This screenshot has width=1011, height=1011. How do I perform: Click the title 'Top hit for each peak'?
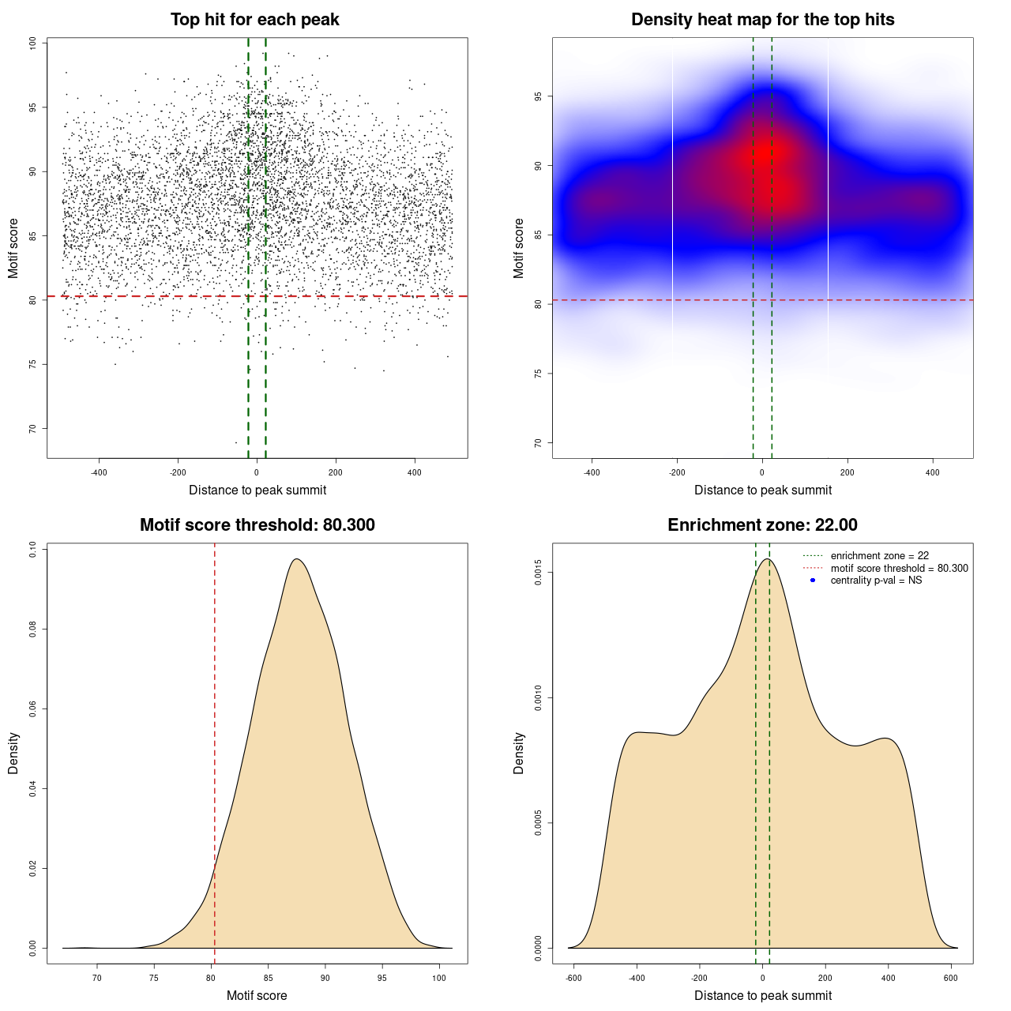254,20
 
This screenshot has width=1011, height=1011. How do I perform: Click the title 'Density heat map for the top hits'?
762,20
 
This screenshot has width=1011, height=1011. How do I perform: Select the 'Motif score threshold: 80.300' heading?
257,525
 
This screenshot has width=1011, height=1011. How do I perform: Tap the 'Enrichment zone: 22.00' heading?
762,525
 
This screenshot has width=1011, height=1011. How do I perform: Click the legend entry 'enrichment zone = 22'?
879,556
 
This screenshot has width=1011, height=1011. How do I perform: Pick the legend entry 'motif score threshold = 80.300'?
899,569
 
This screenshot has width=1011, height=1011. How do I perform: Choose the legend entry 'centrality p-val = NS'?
876,581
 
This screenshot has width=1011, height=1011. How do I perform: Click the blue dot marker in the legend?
813,581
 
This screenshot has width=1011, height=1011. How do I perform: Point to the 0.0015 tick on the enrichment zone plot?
538,572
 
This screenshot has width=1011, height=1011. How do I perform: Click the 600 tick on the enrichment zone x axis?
951,978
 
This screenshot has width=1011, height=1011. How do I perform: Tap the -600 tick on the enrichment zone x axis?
574,978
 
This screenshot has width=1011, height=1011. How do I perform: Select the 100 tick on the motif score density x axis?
439,978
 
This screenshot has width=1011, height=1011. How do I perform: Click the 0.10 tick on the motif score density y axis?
32,549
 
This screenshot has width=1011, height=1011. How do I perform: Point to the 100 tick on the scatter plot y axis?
32,43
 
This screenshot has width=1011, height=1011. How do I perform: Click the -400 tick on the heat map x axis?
592,472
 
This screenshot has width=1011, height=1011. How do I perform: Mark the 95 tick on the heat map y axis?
538,96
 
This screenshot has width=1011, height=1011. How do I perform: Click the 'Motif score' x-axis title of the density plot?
257,995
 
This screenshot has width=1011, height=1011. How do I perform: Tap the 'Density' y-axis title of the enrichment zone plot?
519,753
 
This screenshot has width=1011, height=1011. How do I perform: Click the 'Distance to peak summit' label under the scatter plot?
257,490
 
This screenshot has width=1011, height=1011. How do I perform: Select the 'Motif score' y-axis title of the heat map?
519,248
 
